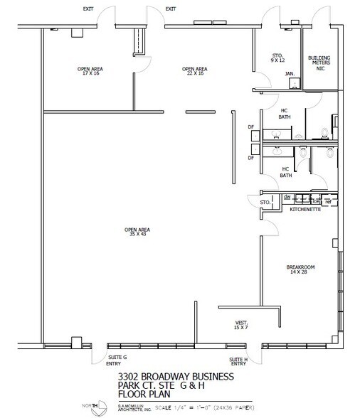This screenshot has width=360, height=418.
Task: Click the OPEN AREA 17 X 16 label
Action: tap(90, 70)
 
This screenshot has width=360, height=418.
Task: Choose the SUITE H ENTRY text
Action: tap(238, 359)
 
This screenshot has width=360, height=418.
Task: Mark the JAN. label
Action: tap(290, 73)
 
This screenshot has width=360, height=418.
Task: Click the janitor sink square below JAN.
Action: tap(292, 83)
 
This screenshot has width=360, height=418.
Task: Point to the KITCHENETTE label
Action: tap(305, 210)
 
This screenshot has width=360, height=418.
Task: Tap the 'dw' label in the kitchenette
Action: tap(286, 198)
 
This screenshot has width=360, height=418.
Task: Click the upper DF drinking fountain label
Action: tap(250, 128)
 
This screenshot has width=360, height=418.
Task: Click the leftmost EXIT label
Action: tap(88, 9)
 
